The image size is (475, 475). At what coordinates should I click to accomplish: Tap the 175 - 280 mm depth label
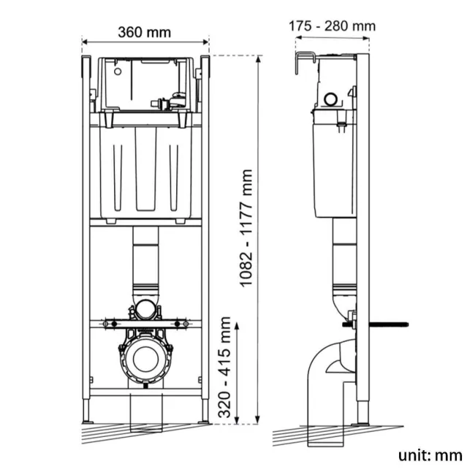pyautogui.click(x=332, y=26)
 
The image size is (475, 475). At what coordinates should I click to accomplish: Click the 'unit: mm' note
pyautogui.click(x=430, y=455)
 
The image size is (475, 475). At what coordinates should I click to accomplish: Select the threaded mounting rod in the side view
pyautogui.click(x=385, y=324)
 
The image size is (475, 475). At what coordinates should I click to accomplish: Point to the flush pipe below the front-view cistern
pyautogui.click(x=146, y=259)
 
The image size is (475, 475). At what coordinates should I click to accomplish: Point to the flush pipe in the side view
pyautogui.click(x=343, y=256)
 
